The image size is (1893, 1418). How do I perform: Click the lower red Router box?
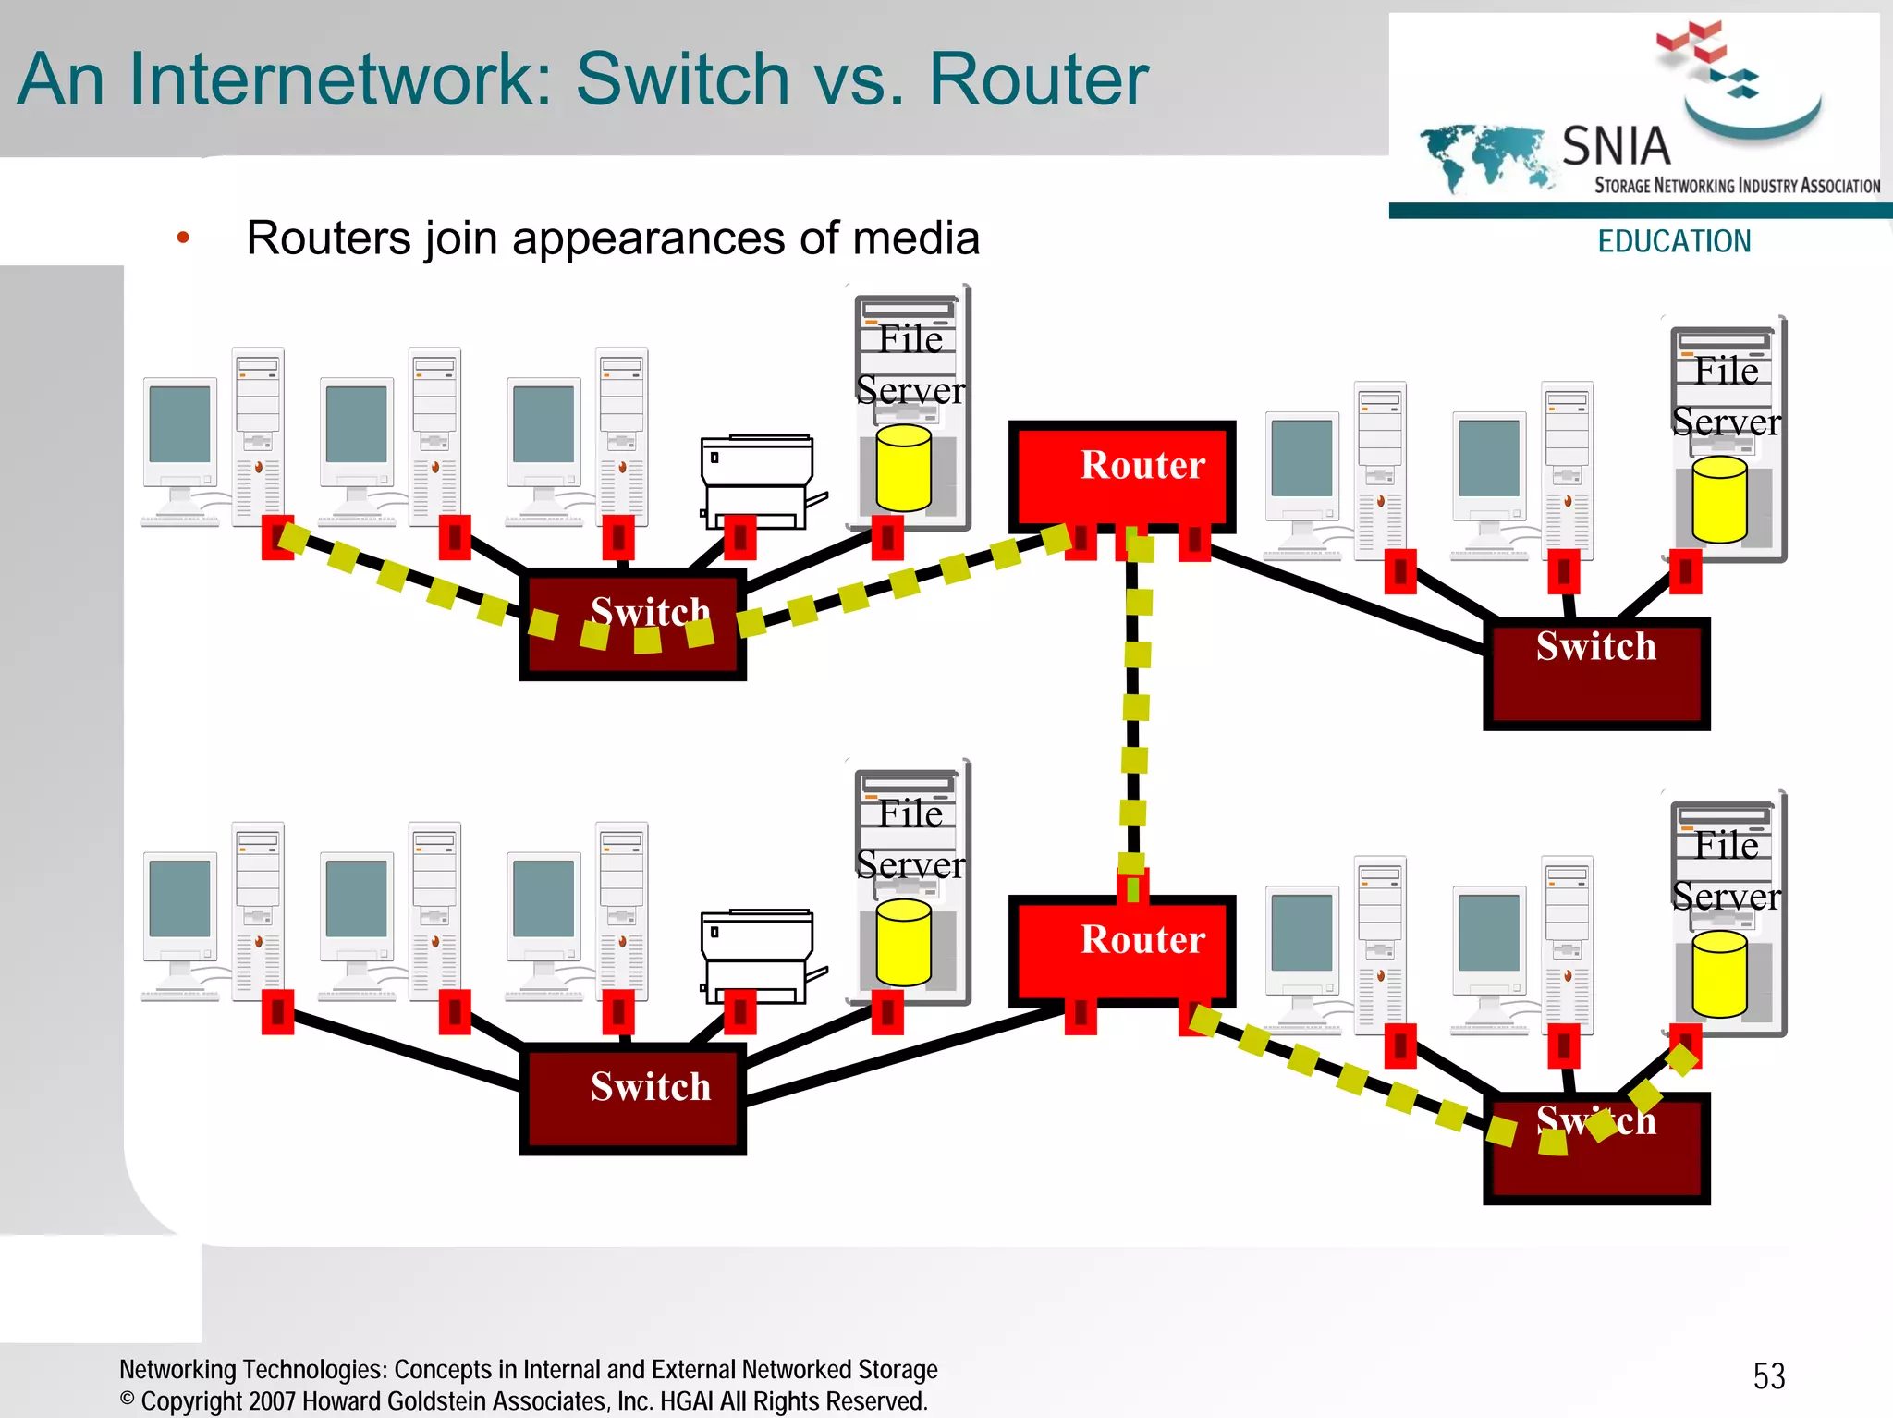[1121, 949]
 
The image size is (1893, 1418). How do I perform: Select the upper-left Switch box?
[632, 625]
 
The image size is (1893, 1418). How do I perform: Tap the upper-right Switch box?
[1596, 673]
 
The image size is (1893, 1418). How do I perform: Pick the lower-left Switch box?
[632, 1098]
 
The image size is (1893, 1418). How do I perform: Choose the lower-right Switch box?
[1596, 1148]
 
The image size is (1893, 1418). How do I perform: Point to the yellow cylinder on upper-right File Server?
[1719, 500]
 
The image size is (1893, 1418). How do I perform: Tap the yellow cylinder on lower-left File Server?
[903, 942]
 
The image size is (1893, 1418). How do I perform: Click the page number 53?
[1768, 1376]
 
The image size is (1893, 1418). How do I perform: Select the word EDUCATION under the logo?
[1674, 241]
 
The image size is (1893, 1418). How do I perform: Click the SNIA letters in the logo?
[1616, 146]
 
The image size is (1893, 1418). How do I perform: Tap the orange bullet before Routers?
[183, 238]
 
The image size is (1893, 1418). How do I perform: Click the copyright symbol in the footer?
[128, 1399]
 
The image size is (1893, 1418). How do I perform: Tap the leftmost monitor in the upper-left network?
[180, 425]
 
